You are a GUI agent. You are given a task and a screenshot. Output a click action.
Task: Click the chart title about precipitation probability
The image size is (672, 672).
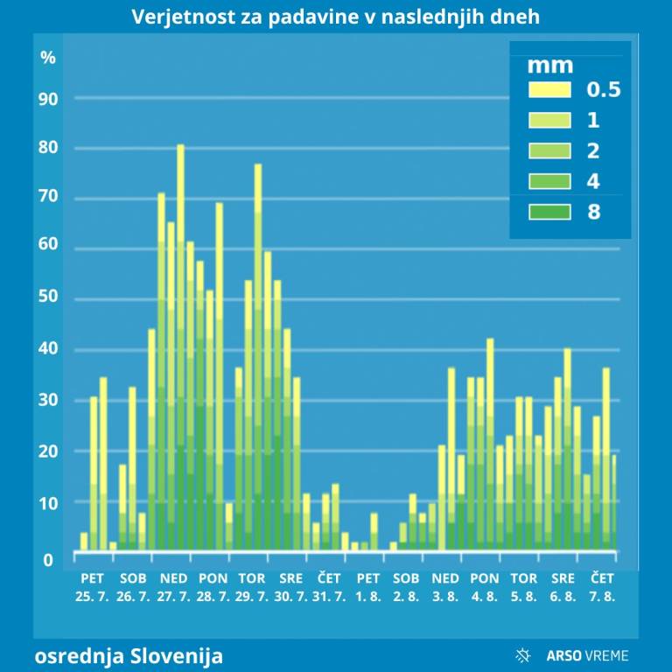pos(336,17)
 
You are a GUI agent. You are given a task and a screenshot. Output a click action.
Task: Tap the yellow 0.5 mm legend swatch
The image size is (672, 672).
pos(549,89)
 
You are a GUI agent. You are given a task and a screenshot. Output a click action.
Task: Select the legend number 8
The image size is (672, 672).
pos(595,211)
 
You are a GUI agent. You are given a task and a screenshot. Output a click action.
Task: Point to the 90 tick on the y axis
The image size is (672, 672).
pos(48,99)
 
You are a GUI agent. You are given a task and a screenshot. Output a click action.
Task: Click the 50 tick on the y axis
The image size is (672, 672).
pos(48,297)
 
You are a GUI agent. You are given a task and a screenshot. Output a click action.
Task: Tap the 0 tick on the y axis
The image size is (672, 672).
pos(48,559)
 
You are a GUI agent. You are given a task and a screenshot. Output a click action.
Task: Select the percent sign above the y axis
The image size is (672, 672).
pos(48,58)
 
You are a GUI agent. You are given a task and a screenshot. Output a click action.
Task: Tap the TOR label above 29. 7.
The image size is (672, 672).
pos(252,578)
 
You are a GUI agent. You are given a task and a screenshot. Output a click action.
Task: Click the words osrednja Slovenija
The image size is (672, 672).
pos(129,655)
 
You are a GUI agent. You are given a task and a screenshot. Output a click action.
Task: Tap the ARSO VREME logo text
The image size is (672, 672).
pos(587,655)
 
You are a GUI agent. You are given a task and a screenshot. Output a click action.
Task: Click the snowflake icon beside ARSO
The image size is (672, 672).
pos(525,655)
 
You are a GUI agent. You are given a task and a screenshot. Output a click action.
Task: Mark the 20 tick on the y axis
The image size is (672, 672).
pos(48,451)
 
